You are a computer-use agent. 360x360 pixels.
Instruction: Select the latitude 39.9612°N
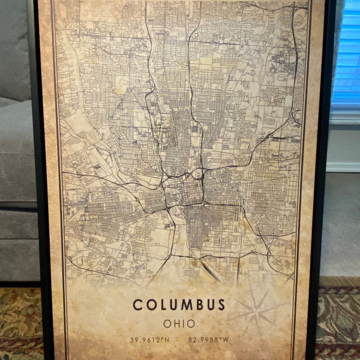(x=149, y=340)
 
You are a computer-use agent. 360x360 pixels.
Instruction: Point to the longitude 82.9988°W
(x=208, y=340)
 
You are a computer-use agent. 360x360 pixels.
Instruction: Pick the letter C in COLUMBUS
(x=137, y=304)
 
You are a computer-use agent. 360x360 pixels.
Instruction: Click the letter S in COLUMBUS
(x=221, y=304)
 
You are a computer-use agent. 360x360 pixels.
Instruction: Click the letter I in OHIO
(x=184, y=323)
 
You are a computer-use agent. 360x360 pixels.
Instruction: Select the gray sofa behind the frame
(x=15, y=150)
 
